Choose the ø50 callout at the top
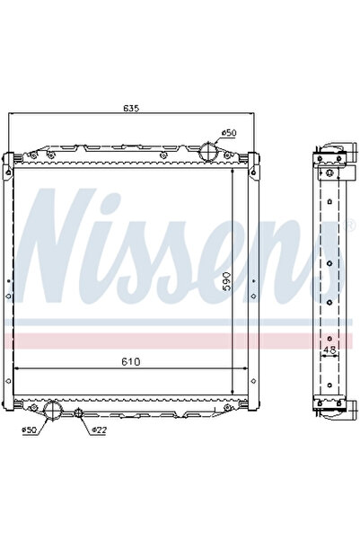tap(230, 133)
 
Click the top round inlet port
tap(208, 149)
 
